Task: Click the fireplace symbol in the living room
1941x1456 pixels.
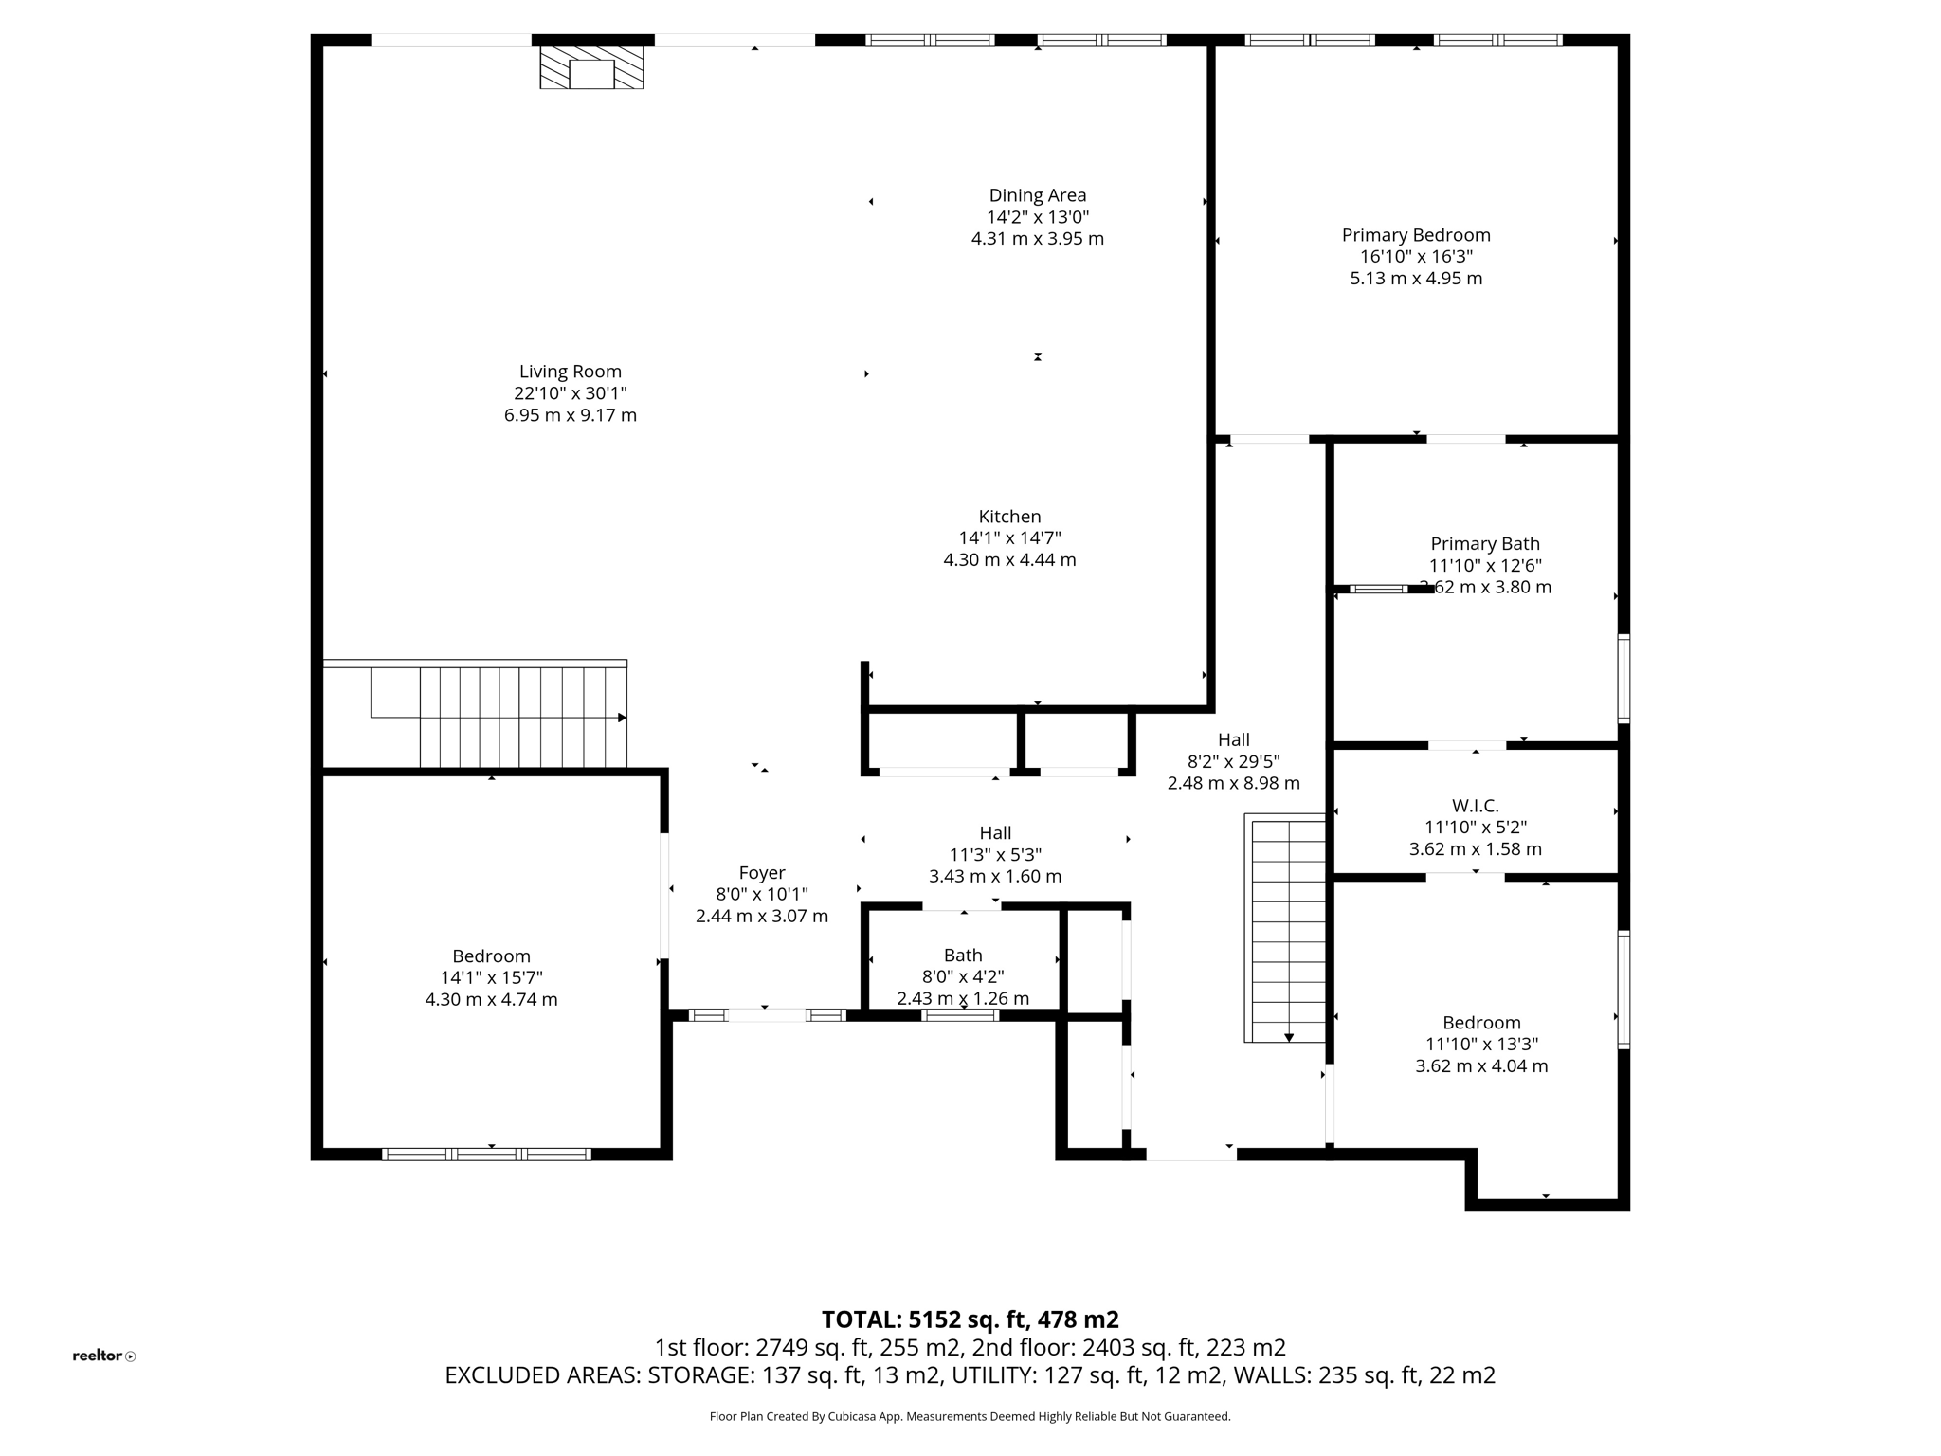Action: coord(591,68)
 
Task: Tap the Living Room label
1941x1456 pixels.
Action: coord(570,372)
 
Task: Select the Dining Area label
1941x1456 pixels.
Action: coord(1037,195)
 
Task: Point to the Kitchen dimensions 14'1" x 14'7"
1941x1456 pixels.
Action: coord(1009,538)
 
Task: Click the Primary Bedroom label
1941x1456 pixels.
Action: coord(1415,235)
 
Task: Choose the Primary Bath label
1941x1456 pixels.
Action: coord(1484,544)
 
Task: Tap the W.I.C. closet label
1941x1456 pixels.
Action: coord(1475,806)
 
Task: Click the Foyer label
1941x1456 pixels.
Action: coord(761,873)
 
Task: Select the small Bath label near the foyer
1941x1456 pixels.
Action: coord(962,955)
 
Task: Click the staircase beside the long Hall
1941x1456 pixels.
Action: coord(1287,929)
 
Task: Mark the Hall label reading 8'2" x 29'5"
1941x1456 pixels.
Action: coord(1233,761)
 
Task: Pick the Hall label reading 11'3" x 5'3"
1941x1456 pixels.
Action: coord(994,854)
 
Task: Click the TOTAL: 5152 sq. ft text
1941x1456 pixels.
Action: coord(970,1319)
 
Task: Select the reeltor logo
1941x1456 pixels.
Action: coord(103,1356)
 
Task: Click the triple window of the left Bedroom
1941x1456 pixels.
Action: coord(486,1154)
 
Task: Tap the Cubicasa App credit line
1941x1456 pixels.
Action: coord(970,1416)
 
